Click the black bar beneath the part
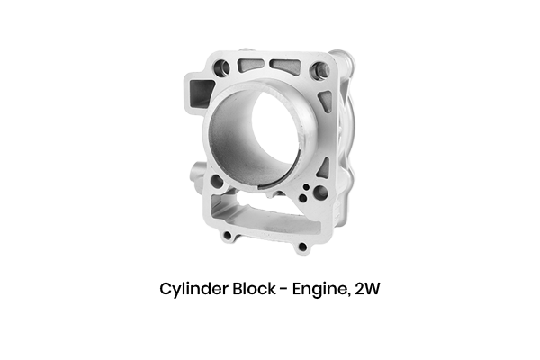pyautogui.click(x=269, y=290)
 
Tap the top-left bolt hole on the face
pyautogui.click(x=222, y=67)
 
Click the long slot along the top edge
pyautogui.click(x=286, y=67)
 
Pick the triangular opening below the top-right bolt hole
pyautogui.click(x=326, y=99)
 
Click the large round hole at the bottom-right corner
pyautogui.click(x=319, y=193)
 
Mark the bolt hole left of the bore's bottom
pyautogui.click(x=217, y=181)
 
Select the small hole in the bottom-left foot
pyautogui.click(x=229, y=236)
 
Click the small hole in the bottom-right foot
pyautogui.click(x=301, y=246)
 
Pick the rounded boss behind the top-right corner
pyautogui.click(x=345, y=64)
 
